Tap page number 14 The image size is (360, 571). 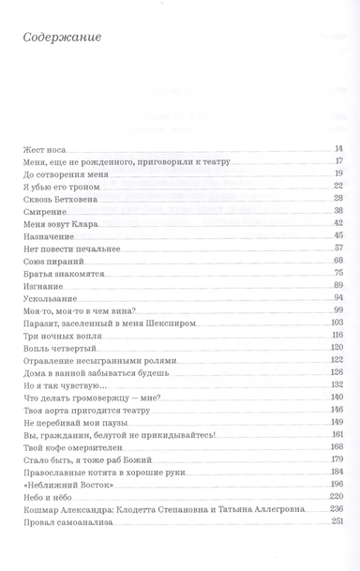(x=339, y=149)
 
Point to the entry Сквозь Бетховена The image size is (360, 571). (x=55, y=199)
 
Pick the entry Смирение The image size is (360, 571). (x=40, y=212)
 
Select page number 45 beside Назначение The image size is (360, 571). (x=339, y=236)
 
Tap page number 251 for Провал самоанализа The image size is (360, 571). (x=337, y=520)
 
